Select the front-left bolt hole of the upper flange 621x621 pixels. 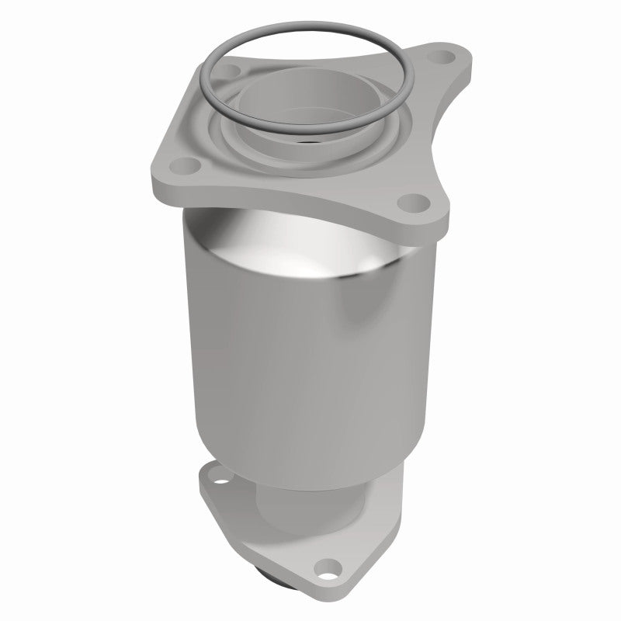pyautogui.click(x=183, y=165)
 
